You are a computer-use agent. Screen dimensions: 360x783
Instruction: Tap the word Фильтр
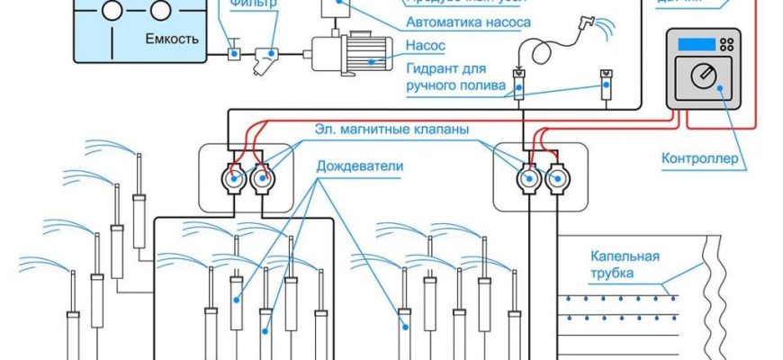[252, 4]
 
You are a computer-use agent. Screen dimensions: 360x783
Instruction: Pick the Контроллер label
[700, 160]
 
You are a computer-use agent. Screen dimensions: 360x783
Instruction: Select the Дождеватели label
[359, 166]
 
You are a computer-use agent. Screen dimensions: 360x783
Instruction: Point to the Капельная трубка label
[625, 264]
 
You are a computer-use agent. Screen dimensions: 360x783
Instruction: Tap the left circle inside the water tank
[112, 10]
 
